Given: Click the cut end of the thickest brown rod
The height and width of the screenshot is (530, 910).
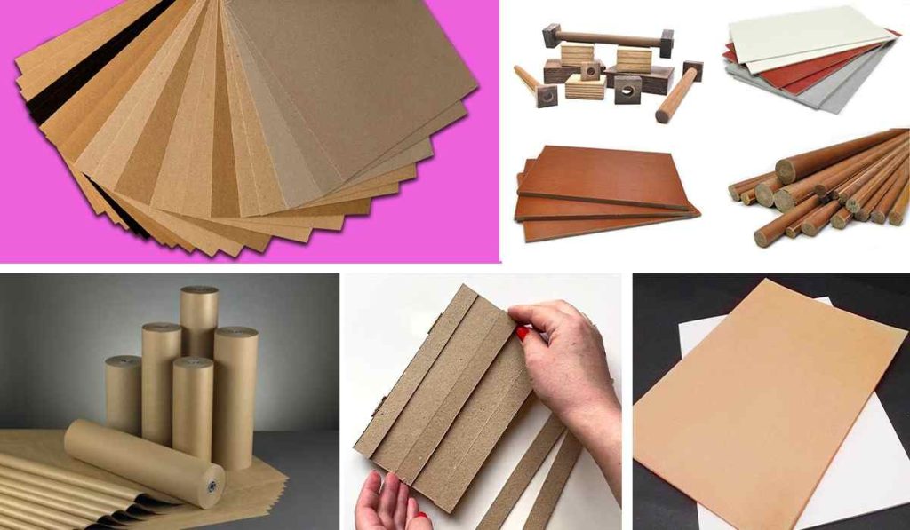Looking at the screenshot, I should [x=786, y=170].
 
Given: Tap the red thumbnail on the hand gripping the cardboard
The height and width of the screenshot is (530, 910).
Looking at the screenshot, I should [x=523, y=335].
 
